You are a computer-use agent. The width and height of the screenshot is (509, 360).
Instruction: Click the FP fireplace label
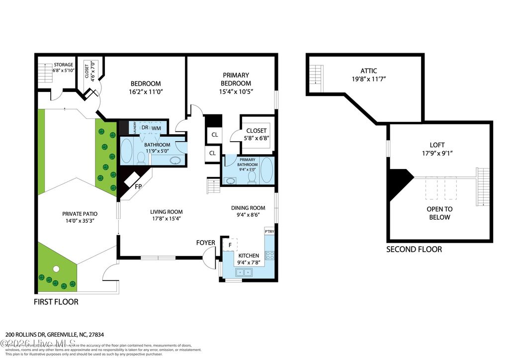pos(139,187)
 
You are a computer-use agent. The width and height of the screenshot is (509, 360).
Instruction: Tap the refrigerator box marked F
pos(230,245)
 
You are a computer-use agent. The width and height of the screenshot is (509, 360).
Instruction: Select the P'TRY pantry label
pos(269,232)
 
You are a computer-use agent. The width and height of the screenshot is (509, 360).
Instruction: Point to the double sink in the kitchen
pos(243,272)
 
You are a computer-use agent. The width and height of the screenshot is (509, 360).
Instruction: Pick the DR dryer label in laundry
pos(145,128)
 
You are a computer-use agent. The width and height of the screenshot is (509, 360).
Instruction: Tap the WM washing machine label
pos(156,128)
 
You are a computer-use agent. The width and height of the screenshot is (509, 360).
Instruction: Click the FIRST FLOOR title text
pos(56,302)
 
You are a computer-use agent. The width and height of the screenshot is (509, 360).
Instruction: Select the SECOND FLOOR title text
pos(414,249)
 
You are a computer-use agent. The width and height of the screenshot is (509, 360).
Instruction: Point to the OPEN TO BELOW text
pos(439,213)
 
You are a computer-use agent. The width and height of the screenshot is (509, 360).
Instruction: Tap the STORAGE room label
pos(64,65)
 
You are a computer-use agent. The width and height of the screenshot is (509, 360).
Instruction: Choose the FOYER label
pos(206,243)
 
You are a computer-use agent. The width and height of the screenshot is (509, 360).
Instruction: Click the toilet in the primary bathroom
pos(252,177)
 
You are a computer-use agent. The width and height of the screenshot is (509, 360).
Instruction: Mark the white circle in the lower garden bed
pos(56,269)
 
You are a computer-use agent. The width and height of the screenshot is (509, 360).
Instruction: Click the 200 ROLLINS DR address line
pos(58,335)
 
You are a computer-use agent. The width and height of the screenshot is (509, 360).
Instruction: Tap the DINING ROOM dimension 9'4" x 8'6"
pos(253,215)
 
